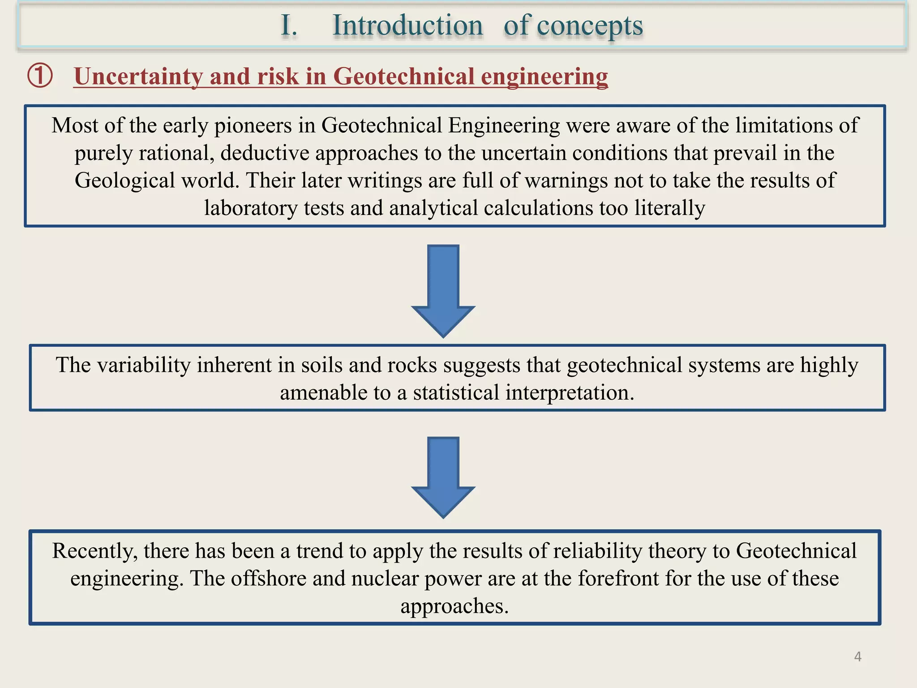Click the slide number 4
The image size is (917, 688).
[x=857, y=657]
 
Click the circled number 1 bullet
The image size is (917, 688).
[x=40, y=76]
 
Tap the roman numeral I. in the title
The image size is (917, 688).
[x=289, y=26]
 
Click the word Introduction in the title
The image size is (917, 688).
[x=407, y=26]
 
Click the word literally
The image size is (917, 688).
[x=669, y=208]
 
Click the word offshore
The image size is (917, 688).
[x=268, y=579]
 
